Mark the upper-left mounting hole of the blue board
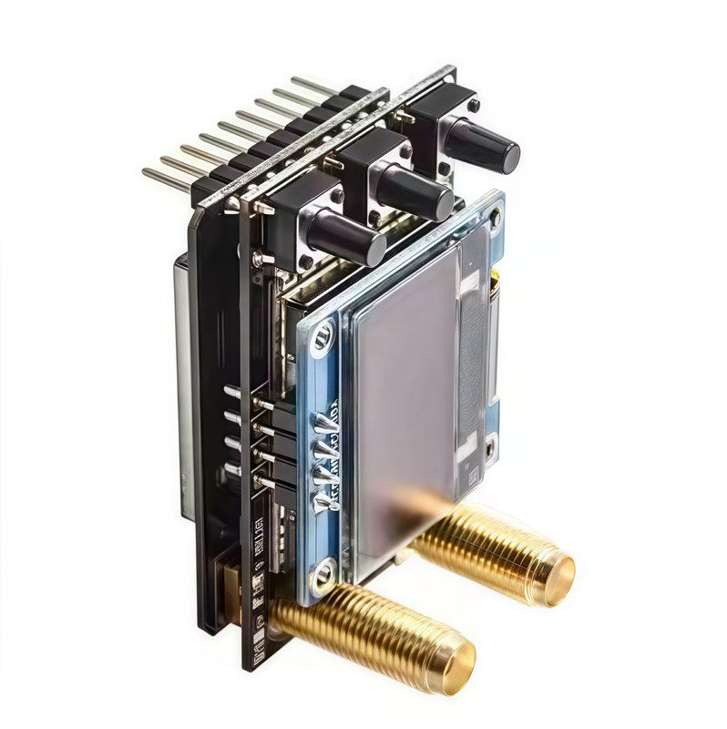(322, 340)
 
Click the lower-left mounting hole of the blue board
(323, 573)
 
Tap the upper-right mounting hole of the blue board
(495, 218)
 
